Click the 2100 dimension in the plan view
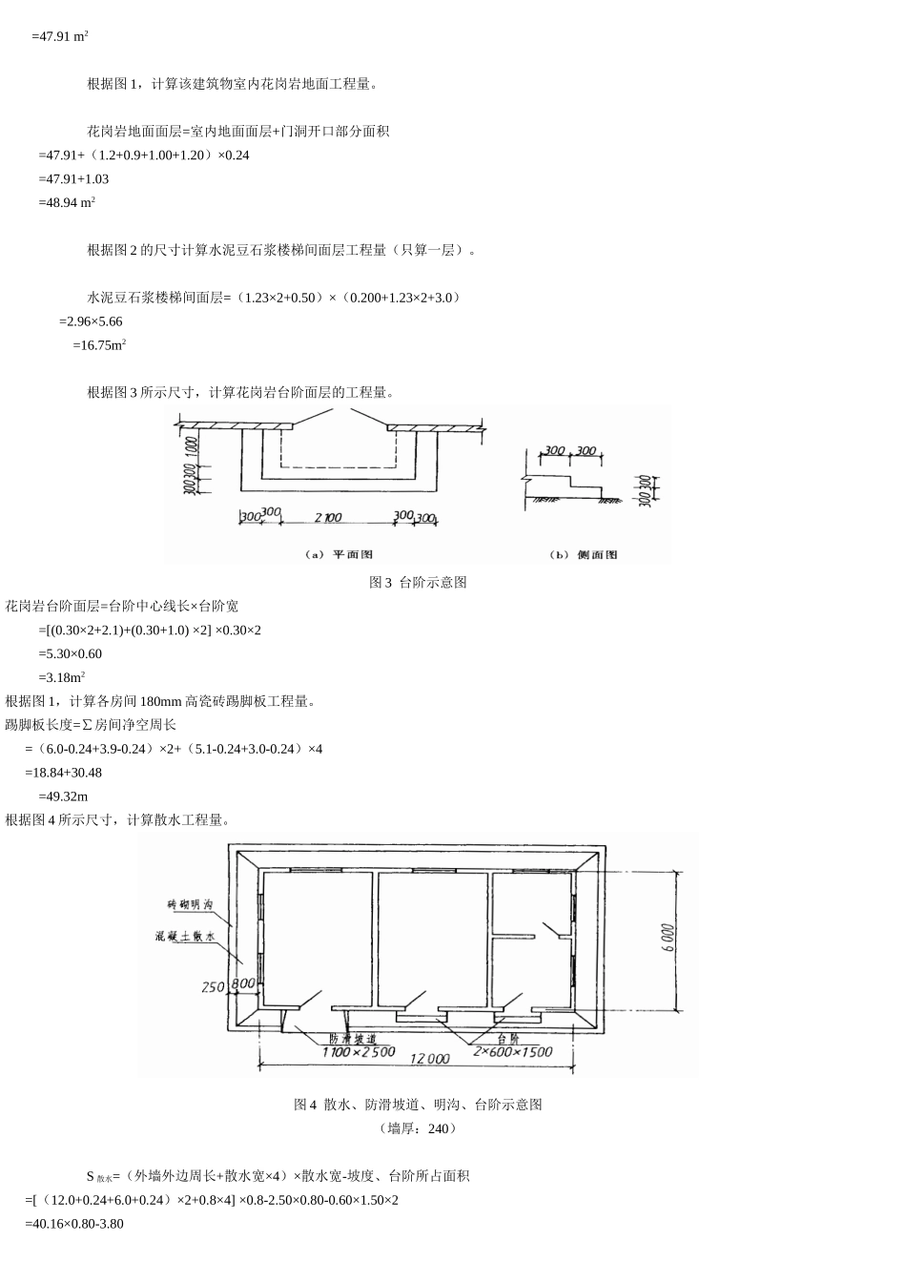point(327,517)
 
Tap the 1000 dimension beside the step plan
point(193,448)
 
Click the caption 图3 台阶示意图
point(418,582)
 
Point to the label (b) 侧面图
point(584,554)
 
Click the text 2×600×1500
point(513,1051)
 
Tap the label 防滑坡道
point(352,1038)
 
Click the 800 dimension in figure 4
point(242,983)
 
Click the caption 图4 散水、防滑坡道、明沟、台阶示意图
point(418,1105)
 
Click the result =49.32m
point(63,796)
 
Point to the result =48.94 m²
point(66,202)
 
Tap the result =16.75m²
point(99,345)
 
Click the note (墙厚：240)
point(418,1128)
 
